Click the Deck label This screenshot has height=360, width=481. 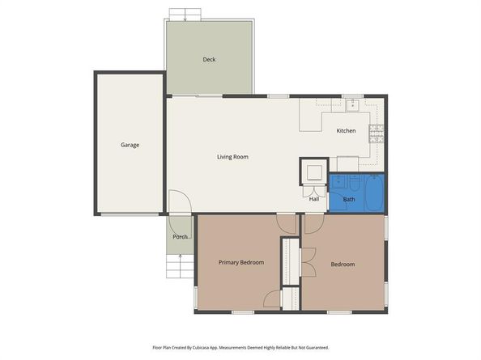(209, 59)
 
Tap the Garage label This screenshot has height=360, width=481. (130, 145)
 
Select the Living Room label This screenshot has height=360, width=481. (232, 157)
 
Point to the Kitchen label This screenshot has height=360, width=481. (346, 131)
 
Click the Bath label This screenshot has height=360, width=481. (349, 200)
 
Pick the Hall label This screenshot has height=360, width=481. (314, 199)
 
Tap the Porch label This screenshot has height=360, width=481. (180, 237)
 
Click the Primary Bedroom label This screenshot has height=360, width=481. (241, 263)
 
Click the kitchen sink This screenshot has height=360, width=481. (353, 105)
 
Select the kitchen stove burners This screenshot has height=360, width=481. (376, 133)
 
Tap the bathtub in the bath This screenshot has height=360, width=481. (374, 193)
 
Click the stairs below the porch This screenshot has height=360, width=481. (180, 266)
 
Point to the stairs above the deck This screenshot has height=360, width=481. (185, 15)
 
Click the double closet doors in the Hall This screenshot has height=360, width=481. (314, 192)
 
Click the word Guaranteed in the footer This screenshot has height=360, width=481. (318, 348)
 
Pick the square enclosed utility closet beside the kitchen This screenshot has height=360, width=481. (314, 172)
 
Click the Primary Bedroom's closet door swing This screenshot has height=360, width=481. (272, 299)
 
